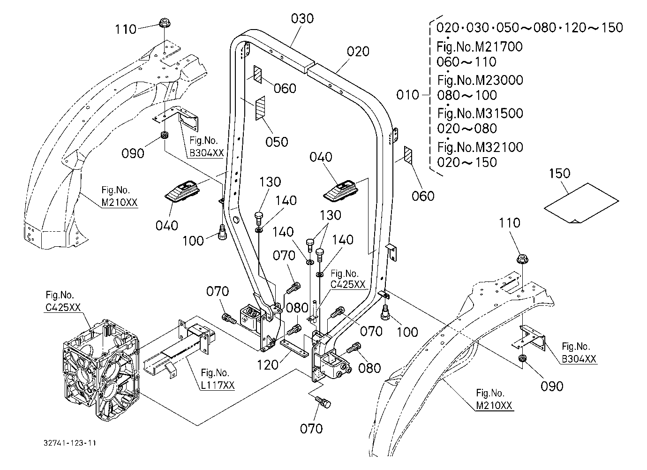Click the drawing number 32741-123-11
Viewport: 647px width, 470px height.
(x=69, y=443)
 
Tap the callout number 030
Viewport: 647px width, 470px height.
(x=302, y=19)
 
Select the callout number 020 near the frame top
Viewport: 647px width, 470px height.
(x=358, y=52)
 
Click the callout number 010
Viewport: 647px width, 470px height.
(x=407, y=95)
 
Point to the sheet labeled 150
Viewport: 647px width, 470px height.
(x=581, y=203)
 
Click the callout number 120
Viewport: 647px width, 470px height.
(x=268, y=365)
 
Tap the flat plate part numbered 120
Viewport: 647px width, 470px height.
(x=294, y=349)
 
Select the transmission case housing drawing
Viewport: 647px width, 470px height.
(x=101, y=370)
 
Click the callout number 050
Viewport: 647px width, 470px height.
(x=277, y=142)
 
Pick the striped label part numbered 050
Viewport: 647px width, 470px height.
(x=260, y=108)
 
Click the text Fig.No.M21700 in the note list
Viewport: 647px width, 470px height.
(x=480, y=47)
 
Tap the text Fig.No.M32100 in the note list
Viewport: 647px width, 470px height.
(x=480, y=147)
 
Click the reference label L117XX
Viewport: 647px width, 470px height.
(x=218, y=385)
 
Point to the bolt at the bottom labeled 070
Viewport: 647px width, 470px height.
(x=323, y=402)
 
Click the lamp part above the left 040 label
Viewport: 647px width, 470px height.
(x=181, y=191)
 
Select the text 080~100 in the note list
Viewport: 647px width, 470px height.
(x=467, y=95)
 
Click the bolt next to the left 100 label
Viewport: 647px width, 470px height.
(x=222, y=232)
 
